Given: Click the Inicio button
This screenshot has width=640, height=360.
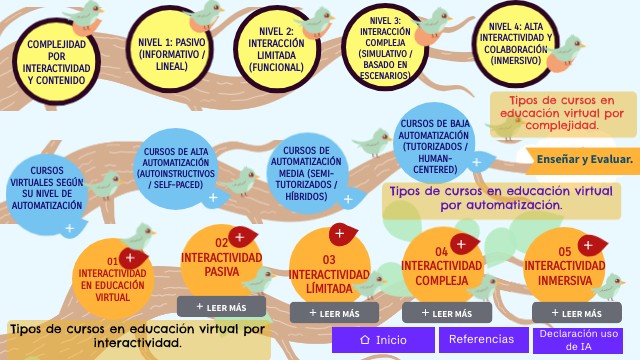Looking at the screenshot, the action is [x=383, y=340].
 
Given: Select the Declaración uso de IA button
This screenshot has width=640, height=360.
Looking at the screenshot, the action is [x=578, y=340].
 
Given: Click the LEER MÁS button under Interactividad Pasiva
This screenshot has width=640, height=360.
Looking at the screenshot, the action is [x=221, y=307].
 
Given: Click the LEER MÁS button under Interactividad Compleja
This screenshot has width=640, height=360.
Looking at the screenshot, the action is [x=447, y=313].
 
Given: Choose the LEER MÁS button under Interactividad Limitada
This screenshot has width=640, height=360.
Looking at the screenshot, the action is [x=334, y=313].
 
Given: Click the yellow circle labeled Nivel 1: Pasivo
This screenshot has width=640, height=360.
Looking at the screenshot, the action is [x=170, y=49].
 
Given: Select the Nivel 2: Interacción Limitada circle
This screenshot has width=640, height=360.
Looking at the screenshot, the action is [x=276, y=50].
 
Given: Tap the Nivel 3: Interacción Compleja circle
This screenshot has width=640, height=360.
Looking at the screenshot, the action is [x=384, y=48].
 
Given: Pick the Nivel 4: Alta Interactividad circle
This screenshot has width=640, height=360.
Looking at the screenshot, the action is [x=516, y=44].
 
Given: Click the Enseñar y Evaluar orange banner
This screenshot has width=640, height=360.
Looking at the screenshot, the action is [x=584, y=160].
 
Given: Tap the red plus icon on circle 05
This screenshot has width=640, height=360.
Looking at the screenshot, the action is [x=590, y=246].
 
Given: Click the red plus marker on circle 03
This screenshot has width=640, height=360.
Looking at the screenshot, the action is [x=342, y=234].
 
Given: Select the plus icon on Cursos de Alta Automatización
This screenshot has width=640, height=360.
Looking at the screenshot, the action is [x=213, y=198].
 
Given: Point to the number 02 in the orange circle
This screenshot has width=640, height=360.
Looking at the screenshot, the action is [x=222, y=243].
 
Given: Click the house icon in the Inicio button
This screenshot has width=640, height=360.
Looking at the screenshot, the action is [x=365, y=340].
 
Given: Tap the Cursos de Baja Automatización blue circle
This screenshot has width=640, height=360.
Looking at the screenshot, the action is [x=434, y=142].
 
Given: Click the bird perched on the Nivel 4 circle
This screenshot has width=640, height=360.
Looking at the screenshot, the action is [x=565, y=54].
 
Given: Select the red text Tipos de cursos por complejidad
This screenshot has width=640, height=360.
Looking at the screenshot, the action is [x=562, y=113].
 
